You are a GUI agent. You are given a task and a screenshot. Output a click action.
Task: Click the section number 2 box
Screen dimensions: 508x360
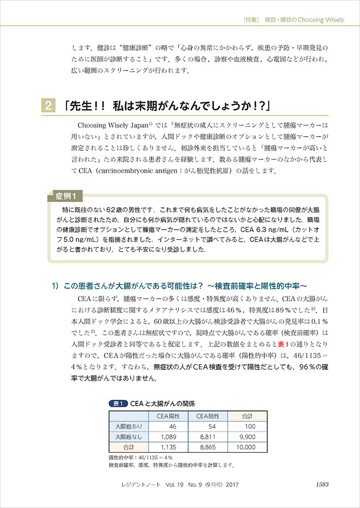point(47,106)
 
